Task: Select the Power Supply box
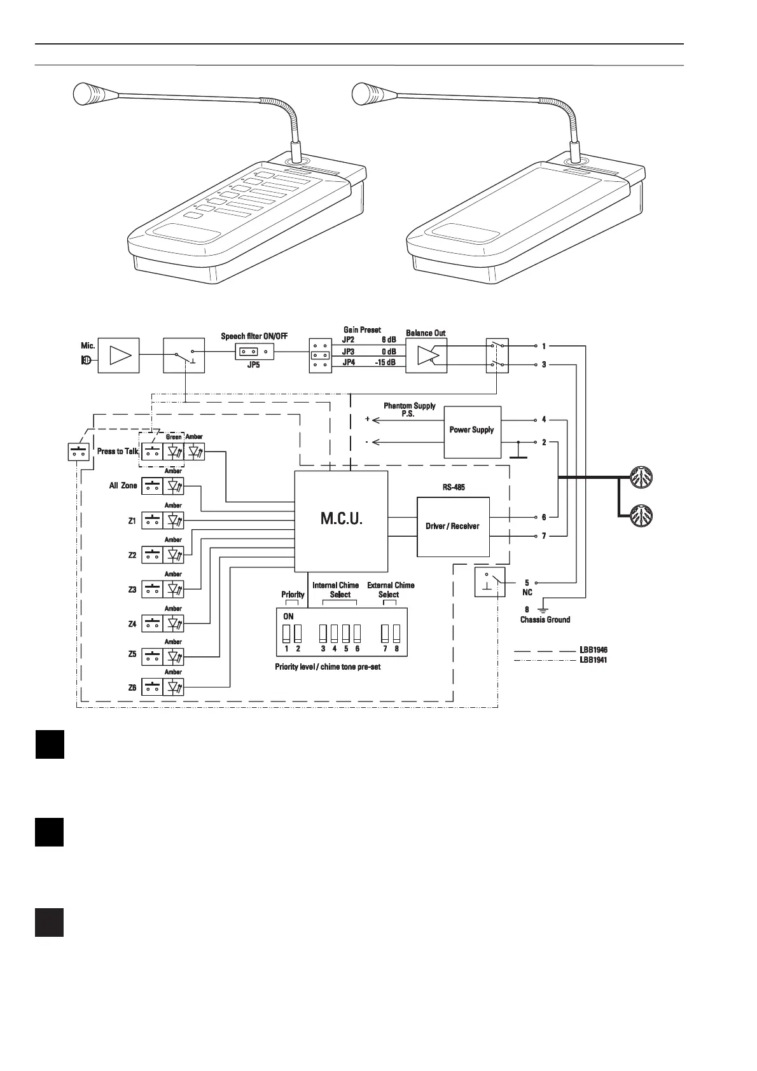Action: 472,431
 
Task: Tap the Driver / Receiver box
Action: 452,527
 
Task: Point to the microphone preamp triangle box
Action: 118,355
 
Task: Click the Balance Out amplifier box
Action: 426,356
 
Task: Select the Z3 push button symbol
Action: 152,589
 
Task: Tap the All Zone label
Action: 123,486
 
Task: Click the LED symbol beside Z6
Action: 174,687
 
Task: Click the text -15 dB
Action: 385,363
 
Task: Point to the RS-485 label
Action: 454,487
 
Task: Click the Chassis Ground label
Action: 545,619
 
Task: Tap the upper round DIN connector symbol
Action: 640,476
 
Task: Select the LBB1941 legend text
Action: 594,660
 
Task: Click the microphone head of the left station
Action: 88,94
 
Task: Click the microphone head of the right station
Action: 368,94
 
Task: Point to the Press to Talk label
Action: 118,452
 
